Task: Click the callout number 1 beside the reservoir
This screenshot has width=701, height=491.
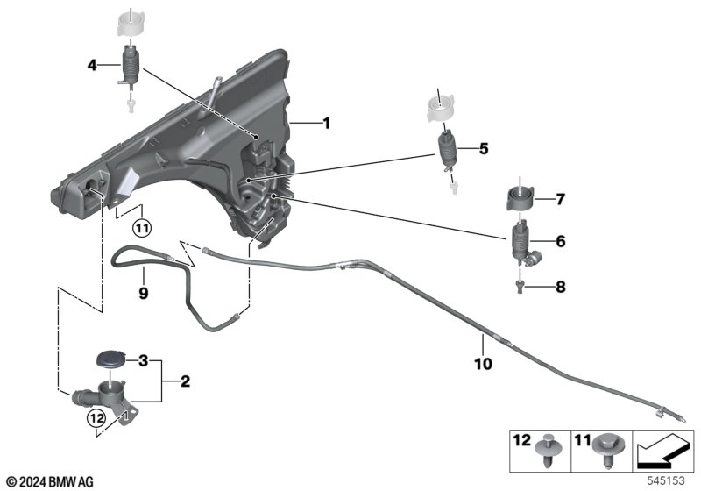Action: point(326,125)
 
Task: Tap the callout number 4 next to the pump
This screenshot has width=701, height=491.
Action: point(91,64)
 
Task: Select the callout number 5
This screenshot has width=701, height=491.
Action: point(483,149)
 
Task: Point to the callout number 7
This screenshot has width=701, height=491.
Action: point(561,199)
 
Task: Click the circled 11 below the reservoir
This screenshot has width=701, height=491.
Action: point(142,228)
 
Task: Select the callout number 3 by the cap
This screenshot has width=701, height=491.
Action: point(144,360)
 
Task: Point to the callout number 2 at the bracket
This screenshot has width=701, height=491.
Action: point(185,381)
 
